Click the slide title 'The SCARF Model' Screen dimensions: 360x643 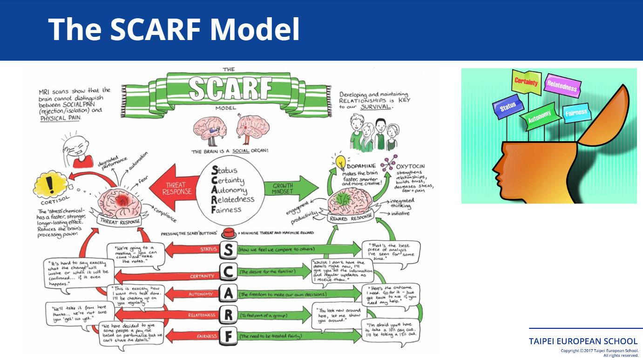[x=174, y=29]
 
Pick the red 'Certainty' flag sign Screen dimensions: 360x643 [x=526, y=83]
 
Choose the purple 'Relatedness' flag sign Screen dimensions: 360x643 [x=562, y=86]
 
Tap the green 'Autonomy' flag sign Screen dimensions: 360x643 [x=539, y=116]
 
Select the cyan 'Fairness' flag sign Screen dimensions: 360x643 [x=576, y=113]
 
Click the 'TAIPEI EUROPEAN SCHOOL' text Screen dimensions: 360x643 [x=583, y=341]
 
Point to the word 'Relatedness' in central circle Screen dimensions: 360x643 [x=233, y=199]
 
